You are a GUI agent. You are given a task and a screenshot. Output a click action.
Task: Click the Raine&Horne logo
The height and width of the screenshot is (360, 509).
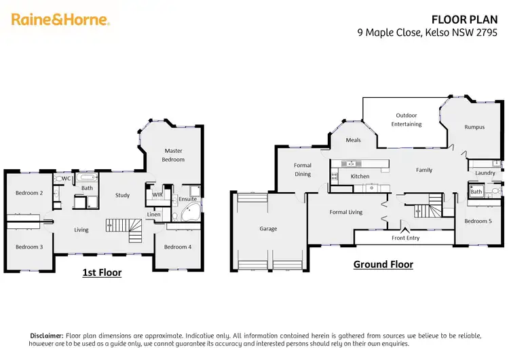coord(60,20)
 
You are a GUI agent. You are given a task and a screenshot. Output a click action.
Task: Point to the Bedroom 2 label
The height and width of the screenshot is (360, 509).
coord(29,193)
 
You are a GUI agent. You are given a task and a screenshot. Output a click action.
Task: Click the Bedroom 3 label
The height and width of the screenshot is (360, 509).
coord(29,247)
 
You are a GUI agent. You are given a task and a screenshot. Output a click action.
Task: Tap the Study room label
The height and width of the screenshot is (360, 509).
coord(122,196)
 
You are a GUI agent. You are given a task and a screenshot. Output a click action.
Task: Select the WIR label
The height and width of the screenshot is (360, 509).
coord(157,194)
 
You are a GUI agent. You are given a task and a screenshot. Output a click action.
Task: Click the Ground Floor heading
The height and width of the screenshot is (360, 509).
coord(383,264)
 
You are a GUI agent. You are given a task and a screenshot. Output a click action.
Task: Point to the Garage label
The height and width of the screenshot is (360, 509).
coord(268,229)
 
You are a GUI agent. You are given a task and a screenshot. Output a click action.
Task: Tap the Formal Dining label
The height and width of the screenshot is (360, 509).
coord(303,169)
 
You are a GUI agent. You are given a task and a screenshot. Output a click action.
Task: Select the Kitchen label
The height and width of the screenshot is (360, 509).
coord(360,177)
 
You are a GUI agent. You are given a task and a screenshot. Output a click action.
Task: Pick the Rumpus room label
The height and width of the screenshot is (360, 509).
coord(474,127)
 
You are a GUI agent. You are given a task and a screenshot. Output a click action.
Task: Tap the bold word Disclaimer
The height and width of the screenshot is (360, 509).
coord(46,336)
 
